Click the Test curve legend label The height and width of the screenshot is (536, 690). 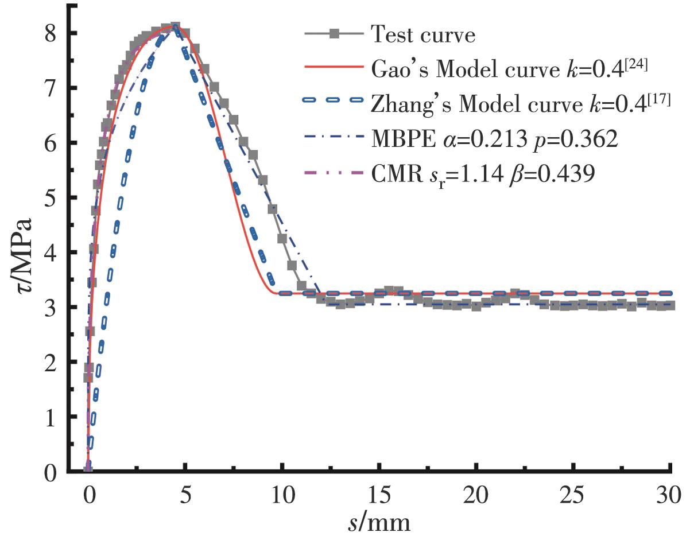[x=424, y=36]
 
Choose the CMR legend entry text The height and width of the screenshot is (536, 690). [x=482, y=173]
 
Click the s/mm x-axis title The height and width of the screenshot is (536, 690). [x=379, y=521]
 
